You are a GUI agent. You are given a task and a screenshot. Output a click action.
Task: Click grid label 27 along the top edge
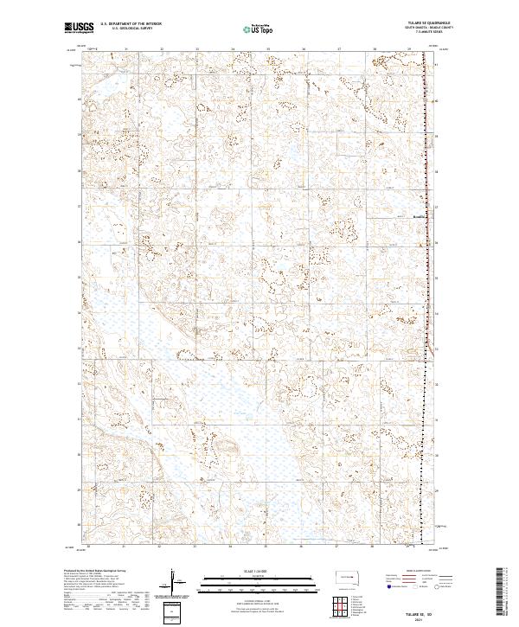coord(340,49)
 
